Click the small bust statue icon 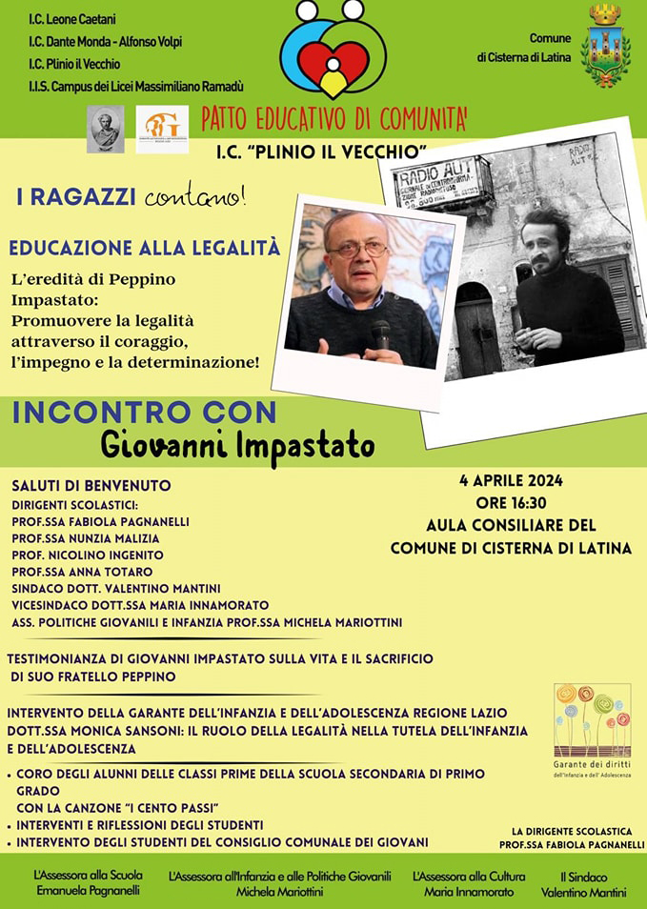(106, 129)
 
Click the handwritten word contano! (195, 198)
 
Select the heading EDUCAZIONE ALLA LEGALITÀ (145, 248)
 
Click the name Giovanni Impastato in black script (237, 446)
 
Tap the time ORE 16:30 (512, 503)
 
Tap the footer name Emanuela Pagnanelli (88, 892)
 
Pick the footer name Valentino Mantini (583, 893)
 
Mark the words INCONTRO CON (145, 413)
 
